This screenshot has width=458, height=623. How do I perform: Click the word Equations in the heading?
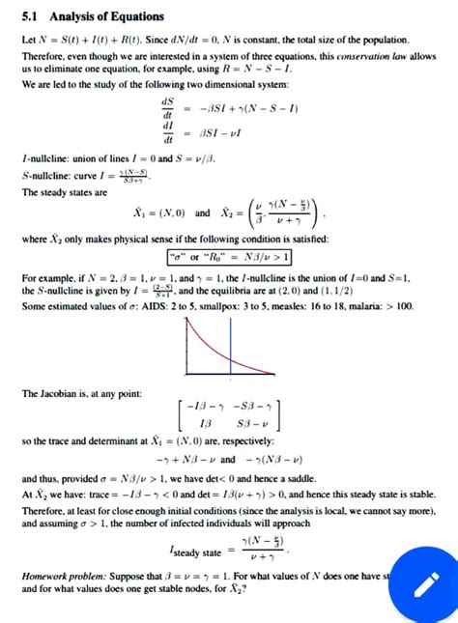click(135, 16)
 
